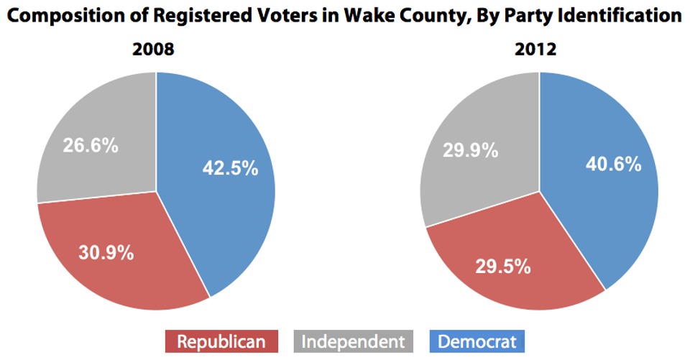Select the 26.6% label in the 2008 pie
coord(90,145)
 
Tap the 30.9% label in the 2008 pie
coord(106,252)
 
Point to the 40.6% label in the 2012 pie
coord(612,164)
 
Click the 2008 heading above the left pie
coord(153,50)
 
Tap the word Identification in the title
coord(617,16)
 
